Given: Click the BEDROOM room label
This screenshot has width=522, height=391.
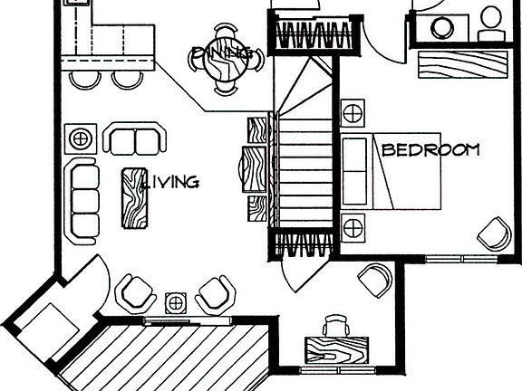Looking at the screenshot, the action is [430, 150].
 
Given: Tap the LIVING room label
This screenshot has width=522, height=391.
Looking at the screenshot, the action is [170, 182].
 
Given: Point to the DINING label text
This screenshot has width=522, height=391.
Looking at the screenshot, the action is [222, 53].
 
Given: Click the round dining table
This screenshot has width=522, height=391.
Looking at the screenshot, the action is [225, 65].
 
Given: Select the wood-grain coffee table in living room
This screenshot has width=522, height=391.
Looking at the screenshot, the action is [134, 198].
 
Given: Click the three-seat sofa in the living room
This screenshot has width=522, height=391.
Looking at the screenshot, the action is [82, 201].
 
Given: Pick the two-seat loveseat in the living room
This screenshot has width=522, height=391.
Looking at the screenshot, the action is [135, 138].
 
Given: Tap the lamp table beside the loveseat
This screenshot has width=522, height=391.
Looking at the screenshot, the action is [81, 138].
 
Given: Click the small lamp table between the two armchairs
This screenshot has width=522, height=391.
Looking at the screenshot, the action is [176, 303].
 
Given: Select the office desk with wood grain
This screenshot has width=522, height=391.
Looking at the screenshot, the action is [336, 350].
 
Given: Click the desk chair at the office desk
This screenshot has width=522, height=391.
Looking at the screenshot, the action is [335, 326].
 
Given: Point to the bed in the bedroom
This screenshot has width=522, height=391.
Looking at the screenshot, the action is [391, 171].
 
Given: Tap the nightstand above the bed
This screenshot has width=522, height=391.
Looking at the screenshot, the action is [353, 113].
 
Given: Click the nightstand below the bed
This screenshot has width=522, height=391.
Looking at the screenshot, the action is [353, 228].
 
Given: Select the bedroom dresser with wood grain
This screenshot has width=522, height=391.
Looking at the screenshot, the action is [462, 64].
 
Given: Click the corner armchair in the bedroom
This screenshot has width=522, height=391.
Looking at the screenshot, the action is [495, 234].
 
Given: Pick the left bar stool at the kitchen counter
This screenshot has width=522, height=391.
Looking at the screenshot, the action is [85, 81].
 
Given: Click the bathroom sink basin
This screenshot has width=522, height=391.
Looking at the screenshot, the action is [442, 28].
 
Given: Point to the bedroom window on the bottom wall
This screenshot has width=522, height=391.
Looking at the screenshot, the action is [462, 258].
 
